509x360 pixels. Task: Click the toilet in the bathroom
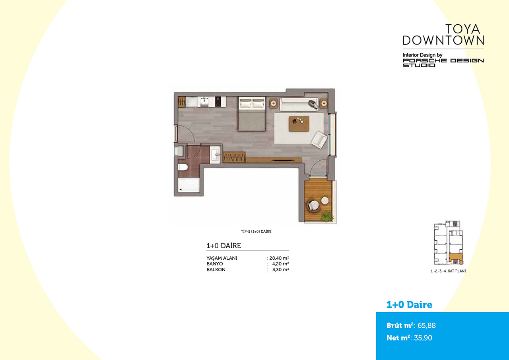pyautogui.click(x=183, y=167)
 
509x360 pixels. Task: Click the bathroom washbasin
pyautogui.click(x=215, y=155)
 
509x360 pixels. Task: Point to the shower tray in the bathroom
pyautogui.click(x=188, y=185)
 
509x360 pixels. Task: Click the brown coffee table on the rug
pyautogui.click(x=299, y=124)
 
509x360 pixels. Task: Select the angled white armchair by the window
pyautogui.click(x=319, y=140)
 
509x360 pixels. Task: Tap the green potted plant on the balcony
pyautogui.click(x=327, y=216)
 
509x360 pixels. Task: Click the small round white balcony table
pyautogui.click(x=325, y=200)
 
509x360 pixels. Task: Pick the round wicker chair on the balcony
pyautogui.click(x=313, y=206)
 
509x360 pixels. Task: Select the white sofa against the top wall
pyautogui.click(x=299, y=104)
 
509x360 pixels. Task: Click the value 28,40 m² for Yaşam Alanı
pyautogui.click(x=279, y=258)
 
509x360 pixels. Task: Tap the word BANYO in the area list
pyautogui.click(x=215, y=264)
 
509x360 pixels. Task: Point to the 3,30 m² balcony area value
pyautogui.click(x=281, y=270)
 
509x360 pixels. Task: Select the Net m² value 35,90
pyautogui.click(x=423, y=338)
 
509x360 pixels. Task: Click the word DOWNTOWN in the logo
pyautogui.click(x=443, y=41)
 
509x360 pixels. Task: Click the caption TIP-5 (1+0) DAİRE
pyautogui.click(x=256, y=232)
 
